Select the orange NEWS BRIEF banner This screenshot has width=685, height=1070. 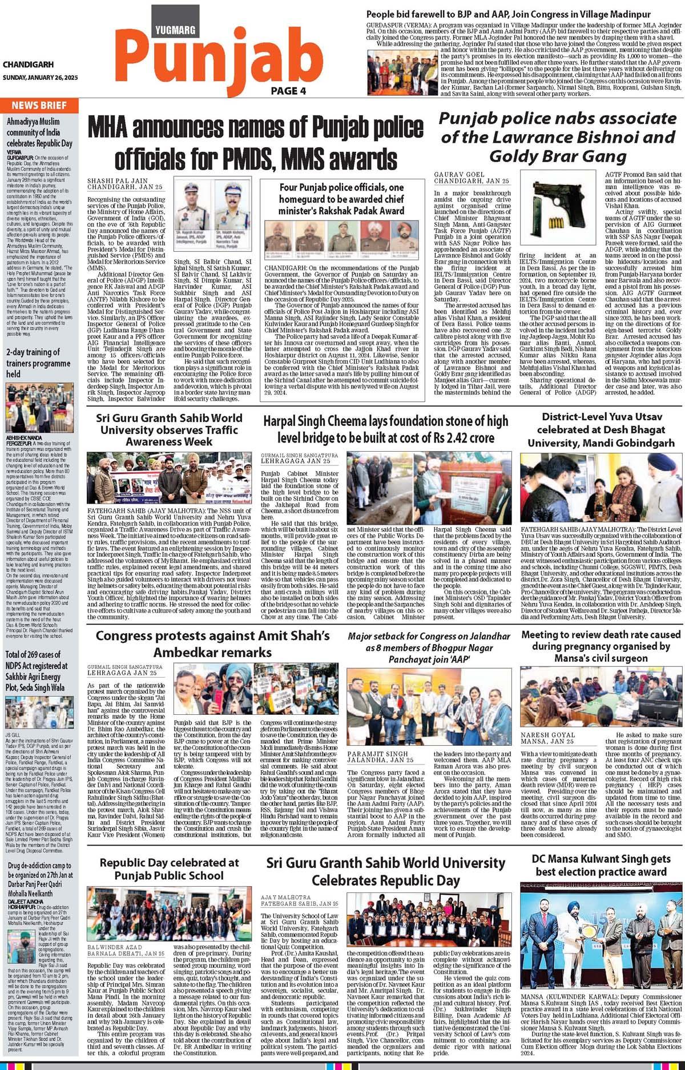coord(39,105)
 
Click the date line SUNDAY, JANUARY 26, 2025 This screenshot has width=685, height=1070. coord(40,78)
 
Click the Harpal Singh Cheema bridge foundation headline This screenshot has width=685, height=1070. coord(385,429)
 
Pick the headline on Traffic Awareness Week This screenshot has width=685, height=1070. coord(169,429)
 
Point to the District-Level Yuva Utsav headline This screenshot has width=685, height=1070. coord(601,429)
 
